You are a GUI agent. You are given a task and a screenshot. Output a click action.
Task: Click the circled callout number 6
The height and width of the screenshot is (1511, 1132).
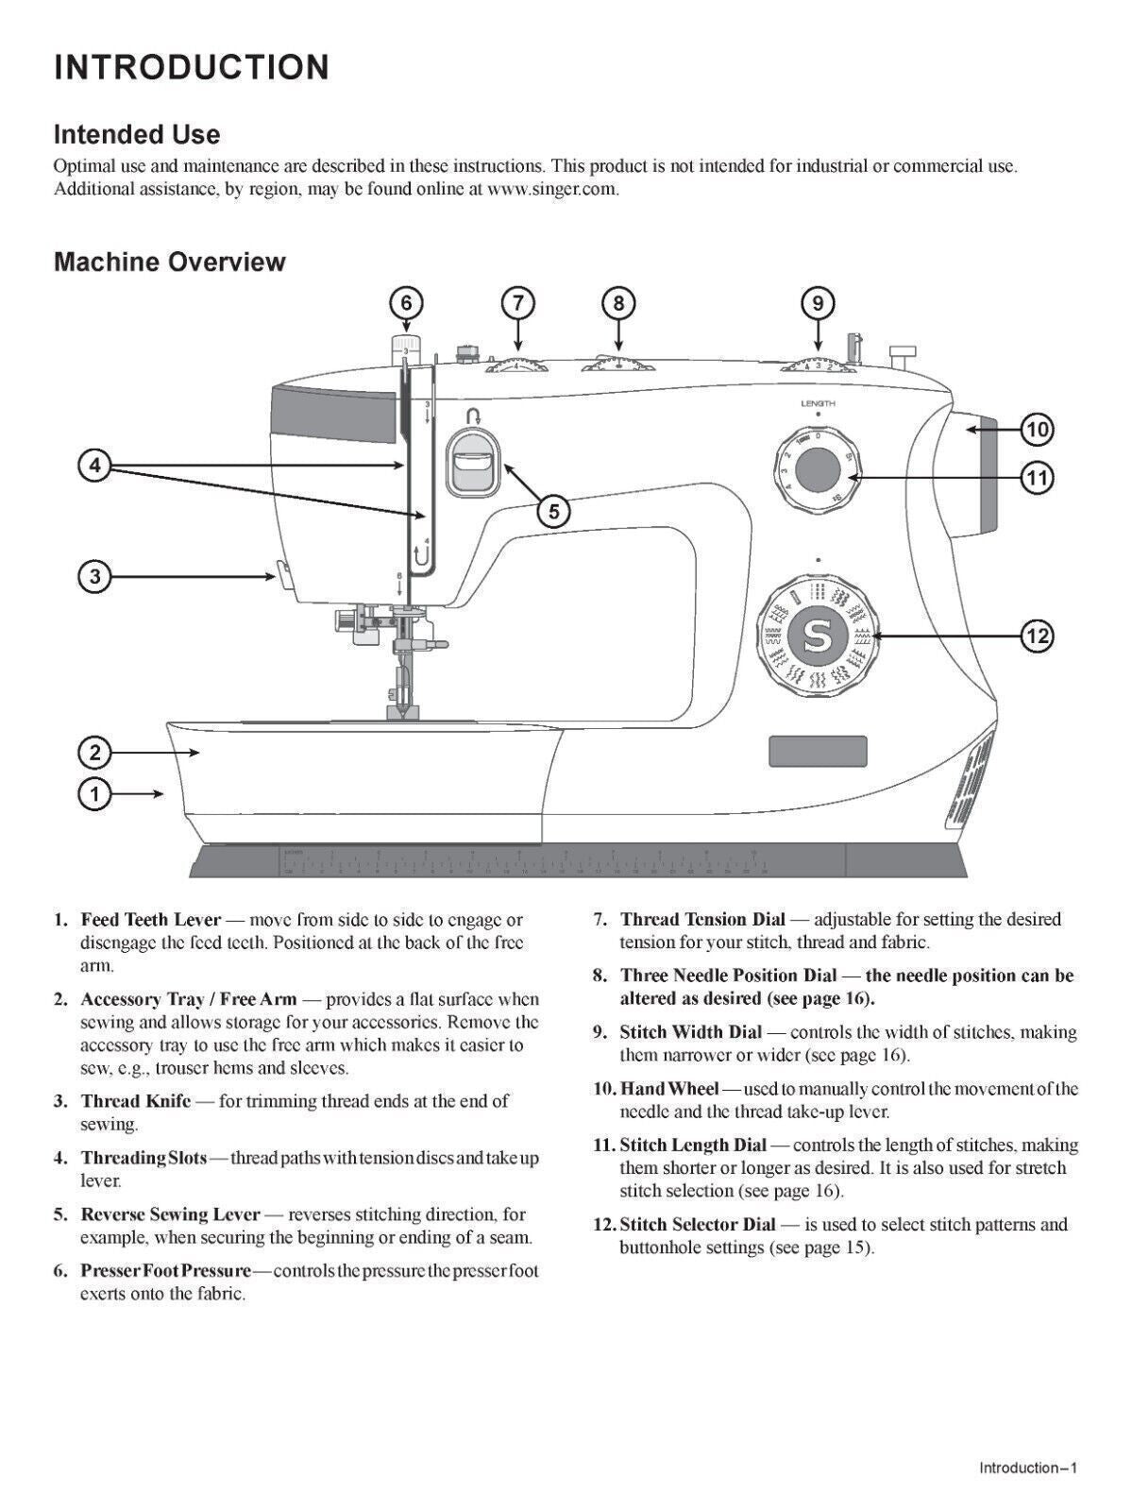click(x=406, y=303)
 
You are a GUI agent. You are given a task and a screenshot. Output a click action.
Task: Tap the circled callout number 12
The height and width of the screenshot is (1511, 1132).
click(x=1037, y=636)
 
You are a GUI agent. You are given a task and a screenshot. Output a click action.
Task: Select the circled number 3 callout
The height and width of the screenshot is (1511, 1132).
click(x=93, y=576)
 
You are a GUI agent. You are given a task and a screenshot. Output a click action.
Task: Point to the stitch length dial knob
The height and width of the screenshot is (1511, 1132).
click(x=818, y=469)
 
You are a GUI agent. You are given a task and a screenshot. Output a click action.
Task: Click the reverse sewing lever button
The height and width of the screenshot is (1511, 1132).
click(x=472, y=462)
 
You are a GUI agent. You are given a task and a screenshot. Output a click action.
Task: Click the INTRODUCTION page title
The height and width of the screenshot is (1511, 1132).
click(x=192, y=68)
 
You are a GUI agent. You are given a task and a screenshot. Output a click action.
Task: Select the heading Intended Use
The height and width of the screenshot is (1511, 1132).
click(x=137, y=135)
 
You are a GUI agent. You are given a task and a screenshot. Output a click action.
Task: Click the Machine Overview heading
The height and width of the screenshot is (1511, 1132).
click(x=170, y=262)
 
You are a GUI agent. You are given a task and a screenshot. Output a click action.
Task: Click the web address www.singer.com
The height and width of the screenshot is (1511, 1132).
click(x=552, y=188)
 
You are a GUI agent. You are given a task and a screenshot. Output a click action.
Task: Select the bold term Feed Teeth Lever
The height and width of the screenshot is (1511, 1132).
click(x=151, y=920)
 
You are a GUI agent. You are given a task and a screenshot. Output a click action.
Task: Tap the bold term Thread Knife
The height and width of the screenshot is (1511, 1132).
click(x=136, y=1101)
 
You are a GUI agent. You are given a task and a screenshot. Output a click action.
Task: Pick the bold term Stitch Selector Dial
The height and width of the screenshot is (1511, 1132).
click(x=697, y=1225)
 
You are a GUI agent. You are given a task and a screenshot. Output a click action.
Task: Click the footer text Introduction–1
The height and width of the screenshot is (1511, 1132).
click(x=1027, y=1468)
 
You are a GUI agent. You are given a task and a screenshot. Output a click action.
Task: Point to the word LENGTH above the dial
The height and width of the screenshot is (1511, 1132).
click(x=818, y=403)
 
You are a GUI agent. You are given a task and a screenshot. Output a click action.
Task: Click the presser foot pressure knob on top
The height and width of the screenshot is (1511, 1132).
click(x=406, y=349)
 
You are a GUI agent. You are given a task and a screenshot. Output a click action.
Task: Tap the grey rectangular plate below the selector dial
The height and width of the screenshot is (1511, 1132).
click(x=818, y=752)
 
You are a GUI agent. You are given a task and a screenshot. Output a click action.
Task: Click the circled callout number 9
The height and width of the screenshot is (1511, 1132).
click(x=818, y=303)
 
